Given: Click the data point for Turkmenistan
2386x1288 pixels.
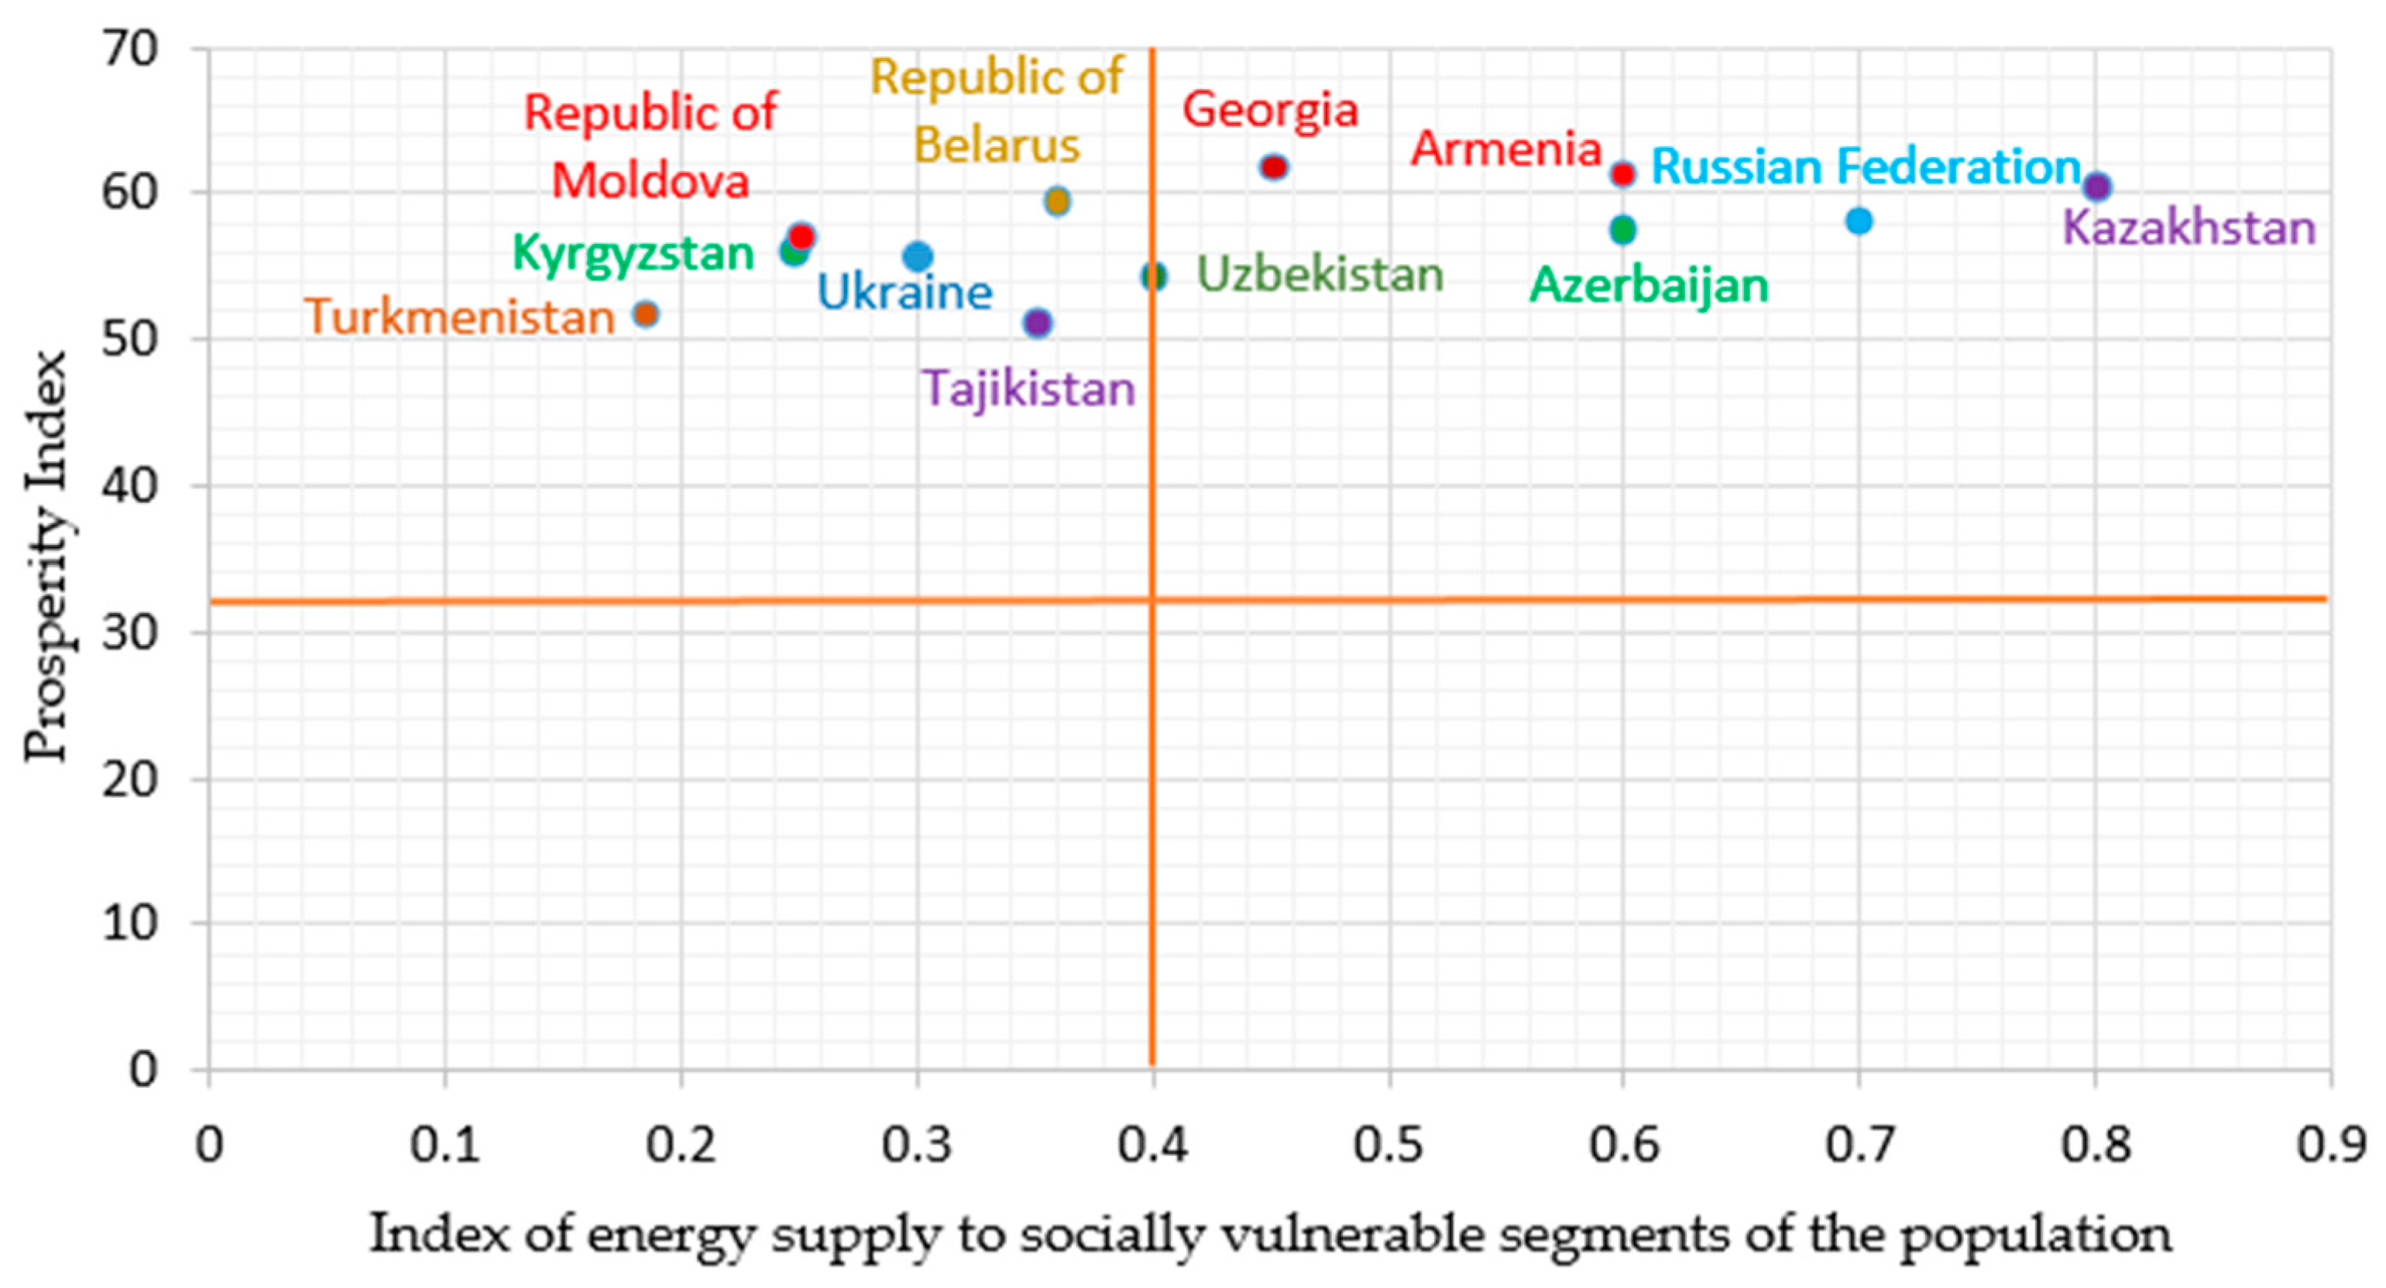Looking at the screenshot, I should tap(646, 314).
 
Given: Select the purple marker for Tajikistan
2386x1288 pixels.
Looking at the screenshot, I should tap(1038, 323).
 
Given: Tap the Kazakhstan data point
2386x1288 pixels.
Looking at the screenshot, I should tap(2098, 186).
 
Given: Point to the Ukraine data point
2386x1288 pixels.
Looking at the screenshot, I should tap(917, 256).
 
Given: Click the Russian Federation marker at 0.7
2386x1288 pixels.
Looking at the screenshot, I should tap(1859, 221).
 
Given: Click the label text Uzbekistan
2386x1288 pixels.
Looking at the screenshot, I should tap(1320, 275).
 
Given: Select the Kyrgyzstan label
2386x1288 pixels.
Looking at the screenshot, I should tap(633, 253).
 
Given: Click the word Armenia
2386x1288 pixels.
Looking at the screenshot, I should tap(1506, 149).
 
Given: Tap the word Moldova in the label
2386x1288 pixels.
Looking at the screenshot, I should tap(651, 180).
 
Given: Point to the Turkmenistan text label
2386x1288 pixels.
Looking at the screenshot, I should tap(459, 317).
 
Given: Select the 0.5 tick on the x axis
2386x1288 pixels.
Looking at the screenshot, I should tap(1388, 1146).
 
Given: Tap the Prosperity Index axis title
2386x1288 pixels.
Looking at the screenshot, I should tap(46, 556).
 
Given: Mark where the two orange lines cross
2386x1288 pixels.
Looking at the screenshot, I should tap(1152, 600).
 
